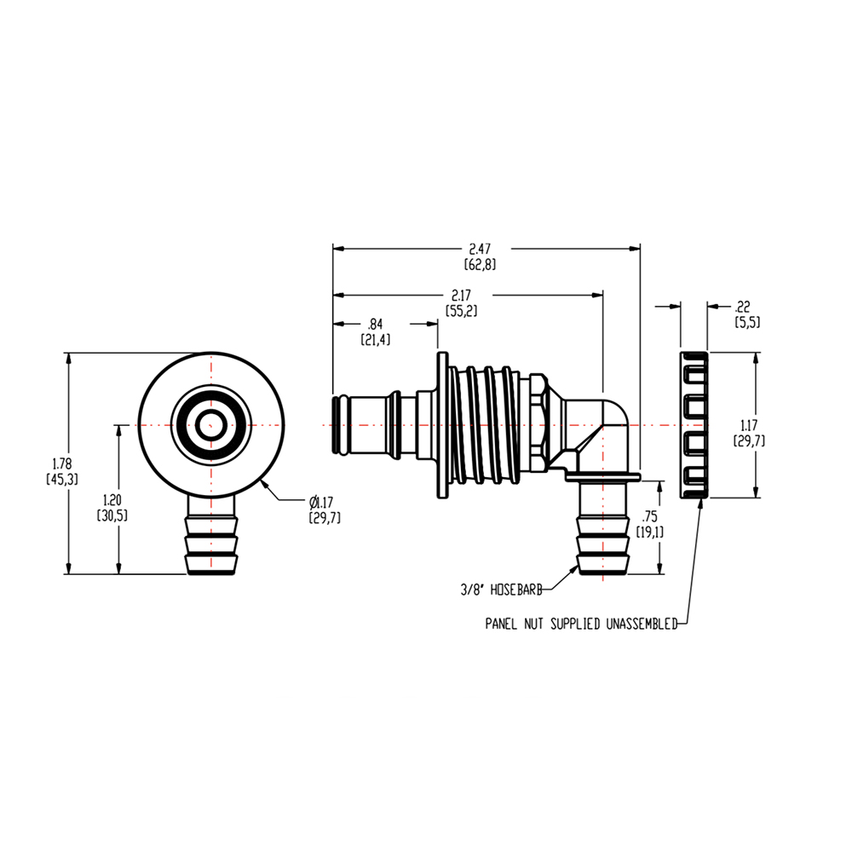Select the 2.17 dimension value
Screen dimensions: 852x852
(x=461, y=295)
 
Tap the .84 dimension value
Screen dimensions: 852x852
(x=374, y=324)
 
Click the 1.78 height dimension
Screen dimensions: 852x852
(x=61, y=464)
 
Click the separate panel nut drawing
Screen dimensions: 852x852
(x=694, y=424)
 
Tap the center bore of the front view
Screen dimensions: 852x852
(x=210, y=423)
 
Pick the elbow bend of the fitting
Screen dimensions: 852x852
(x=609, y=426)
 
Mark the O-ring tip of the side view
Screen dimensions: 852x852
(x=338, y=424)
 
